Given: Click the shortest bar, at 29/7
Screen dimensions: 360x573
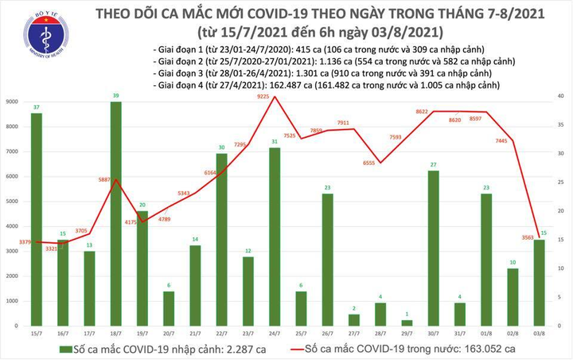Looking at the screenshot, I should coord(407,322).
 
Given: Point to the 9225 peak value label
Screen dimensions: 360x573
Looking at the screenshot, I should coord(275,96).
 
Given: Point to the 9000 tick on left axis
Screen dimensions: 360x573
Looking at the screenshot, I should coord(14,101).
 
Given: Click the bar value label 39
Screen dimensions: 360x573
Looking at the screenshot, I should coord(115,96).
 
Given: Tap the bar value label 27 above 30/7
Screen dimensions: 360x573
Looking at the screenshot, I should coord(434,164).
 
